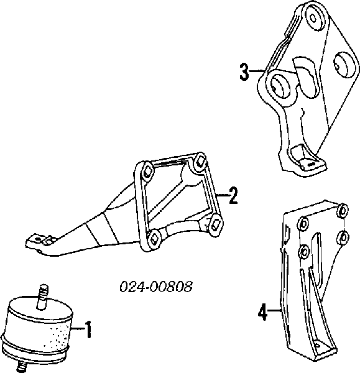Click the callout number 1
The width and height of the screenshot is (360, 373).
coord(88,329)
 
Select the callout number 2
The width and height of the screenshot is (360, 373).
coord(233,195)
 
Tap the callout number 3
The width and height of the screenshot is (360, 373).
coord(244,71)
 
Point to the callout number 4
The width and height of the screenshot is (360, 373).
coord(263,311)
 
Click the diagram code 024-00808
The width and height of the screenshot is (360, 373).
coord(156,287)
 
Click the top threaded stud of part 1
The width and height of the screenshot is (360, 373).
coord(43,297)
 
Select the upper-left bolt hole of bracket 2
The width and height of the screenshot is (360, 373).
coord(147,170)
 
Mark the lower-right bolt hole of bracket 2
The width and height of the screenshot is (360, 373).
coord(216,223)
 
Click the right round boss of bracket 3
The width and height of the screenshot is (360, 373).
coord(345,64)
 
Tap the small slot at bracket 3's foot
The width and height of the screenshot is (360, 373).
coord(310,164)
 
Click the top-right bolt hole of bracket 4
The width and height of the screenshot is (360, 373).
coord(343,210)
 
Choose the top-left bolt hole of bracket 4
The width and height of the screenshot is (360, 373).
coord(303,224)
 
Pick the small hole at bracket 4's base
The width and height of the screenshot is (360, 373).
coord(317,344)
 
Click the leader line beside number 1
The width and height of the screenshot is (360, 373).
coord(78,328)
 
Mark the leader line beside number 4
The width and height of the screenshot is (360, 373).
coord(274,310)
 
